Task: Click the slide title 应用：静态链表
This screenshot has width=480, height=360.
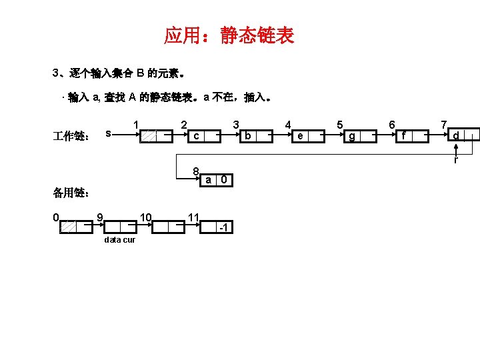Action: click(229, 35)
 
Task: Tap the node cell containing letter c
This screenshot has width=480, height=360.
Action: click(196, 136)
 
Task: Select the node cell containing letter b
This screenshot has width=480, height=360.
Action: click(247, 136)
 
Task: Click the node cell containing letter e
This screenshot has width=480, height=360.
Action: click(301, 136)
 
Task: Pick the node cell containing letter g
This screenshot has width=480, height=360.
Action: click(352, 136)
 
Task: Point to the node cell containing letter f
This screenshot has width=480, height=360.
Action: click(404, 136)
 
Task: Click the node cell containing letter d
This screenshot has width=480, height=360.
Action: click(455, 136)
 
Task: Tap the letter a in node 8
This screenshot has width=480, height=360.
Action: click(209, 180)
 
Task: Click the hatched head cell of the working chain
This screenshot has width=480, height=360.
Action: click(149, 136)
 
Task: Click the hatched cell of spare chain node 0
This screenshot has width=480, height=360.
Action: click(68, 227)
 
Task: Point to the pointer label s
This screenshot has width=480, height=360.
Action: click(108, 133)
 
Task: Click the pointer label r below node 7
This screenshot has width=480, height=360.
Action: click(456, 161)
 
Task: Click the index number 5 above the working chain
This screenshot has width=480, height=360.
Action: click(340, 124)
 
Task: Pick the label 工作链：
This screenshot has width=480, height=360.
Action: click(71, 136)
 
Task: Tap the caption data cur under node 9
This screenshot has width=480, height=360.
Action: click(120, 240)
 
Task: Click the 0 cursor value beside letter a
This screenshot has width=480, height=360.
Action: click(226, 180)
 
